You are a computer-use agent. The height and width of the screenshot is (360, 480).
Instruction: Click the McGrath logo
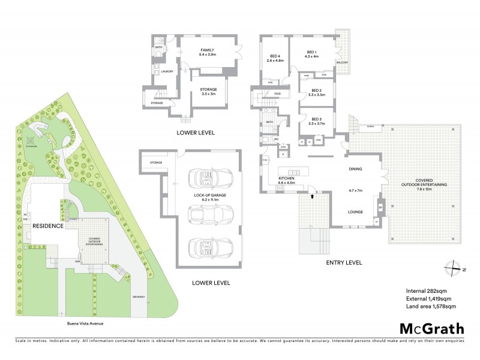[x=431, y=328]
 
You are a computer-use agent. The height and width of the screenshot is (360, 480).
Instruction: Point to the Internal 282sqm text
[x=427, y=290]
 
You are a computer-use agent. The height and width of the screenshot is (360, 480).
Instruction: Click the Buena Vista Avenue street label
[x=86, y=323]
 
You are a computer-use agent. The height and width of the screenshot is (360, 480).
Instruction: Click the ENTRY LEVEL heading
[x=344, y=262]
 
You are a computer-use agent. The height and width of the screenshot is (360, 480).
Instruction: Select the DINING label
[x=355, y=169]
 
